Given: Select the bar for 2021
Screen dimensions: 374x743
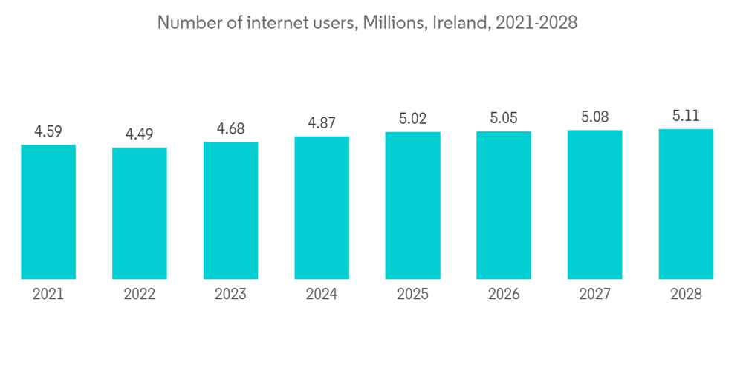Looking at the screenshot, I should click(x=48, y=211).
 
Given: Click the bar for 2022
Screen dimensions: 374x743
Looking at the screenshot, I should click(x=140, y=213).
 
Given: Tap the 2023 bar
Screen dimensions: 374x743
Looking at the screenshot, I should click(x=230, y=210).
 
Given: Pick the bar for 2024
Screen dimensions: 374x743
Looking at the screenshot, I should click(x=322, y=208).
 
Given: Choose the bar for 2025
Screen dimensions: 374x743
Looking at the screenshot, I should click(x=412, y=206).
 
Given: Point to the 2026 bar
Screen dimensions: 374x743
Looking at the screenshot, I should click(x=504, y=205).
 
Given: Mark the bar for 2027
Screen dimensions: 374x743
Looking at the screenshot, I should click(x=594, y=205).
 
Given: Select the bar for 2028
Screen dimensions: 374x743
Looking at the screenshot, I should click(x=686, y=204).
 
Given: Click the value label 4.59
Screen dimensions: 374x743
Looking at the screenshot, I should click(x=48, y=131).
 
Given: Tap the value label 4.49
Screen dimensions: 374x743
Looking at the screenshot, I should click(x=140, y=134).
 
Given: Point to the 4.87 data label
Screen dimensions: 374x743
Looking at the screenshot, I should click(x=322, y=123).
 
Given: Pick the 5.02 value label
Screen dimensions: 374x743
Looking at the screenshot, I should click(x=412, y=119).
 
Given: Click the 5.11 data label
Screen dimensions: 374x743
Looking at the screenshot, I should click(x=686, y=116).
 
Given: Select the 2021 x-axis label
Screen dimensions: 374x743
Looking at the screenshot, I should click(x=48, y=295).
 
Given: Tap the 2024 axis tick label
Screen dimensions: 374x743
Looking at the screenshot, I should click(x=322, y=295).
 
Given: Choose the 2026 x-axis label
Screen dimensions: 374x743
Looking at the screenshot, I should click(x=504, y=295).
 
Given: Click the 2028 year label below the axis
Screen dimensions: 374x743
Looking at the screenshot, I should click(x=686, y=295).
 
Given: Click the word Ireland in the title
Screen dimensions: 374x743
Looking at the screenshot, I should click(x=458, y=23).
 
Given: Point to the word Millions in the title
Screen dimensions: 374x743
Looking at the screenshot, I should click(x=396, y=23).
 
